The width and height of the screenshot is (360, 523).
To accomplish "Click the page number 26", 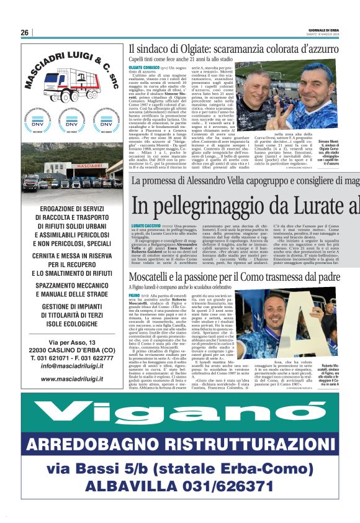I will tap(25, 33).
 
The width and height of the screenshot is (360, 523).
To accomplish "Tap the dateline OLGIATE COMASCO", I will tap(144, 66).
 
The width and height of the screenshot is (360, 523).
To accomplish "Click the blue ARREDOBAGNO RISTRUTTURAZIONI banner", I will tap(180, 445).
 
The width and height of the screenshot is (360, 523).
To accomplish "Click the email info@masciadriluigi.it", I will tap(70, 366).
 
